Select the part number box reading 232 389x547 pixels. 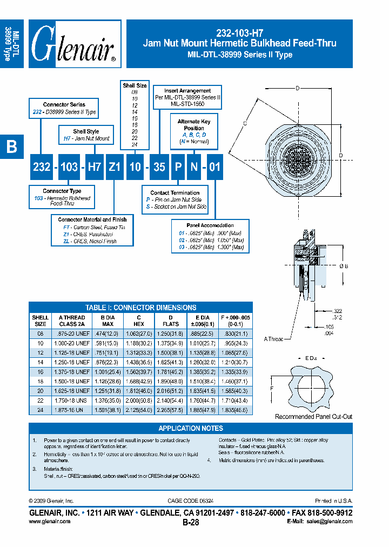(42, 166)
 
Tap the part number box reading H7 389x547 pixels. (95, 166)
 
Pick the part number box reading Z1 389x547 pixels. (114, 166)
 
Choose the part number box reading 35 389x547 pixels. (159, 166)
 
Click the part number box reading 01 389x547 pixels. (214, 166)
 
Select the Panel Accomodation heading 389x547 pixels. (210, 225)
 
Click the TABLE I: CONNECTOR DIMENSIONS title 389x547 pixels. (140, 307)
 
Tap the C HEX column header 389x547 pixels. (139, 321)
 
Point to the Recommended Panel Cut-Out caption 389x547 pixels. (313, 417)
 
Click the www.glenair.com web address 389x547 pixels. (49, 522)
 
